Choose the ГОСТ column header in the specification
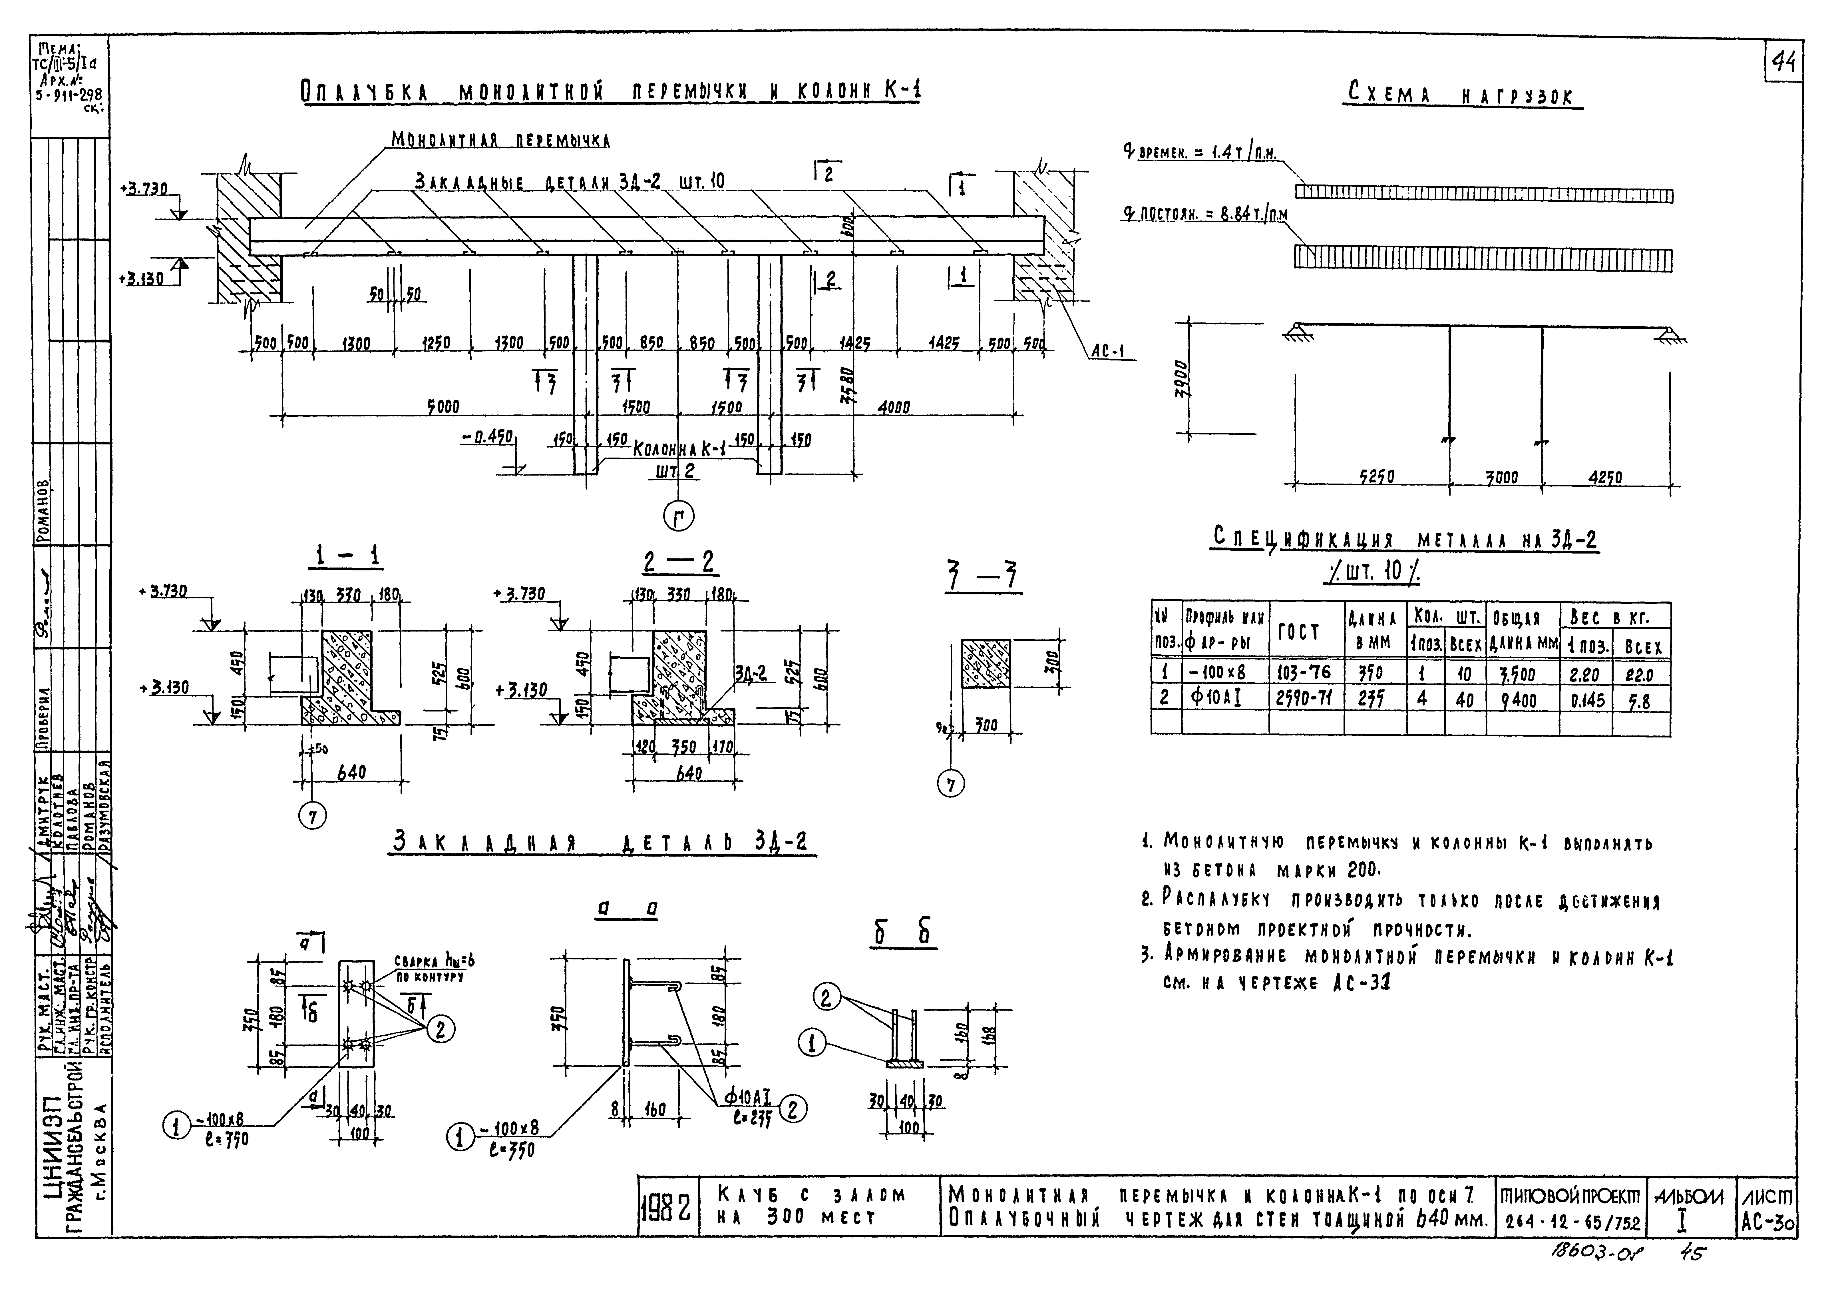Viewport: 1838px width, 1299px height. [x=1305, y=633]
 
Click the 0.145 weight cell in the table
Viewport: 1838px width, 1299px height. [x=1587, y=700]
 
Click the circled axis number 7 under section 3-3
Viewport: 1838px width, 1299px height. [x=951, y=784]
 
